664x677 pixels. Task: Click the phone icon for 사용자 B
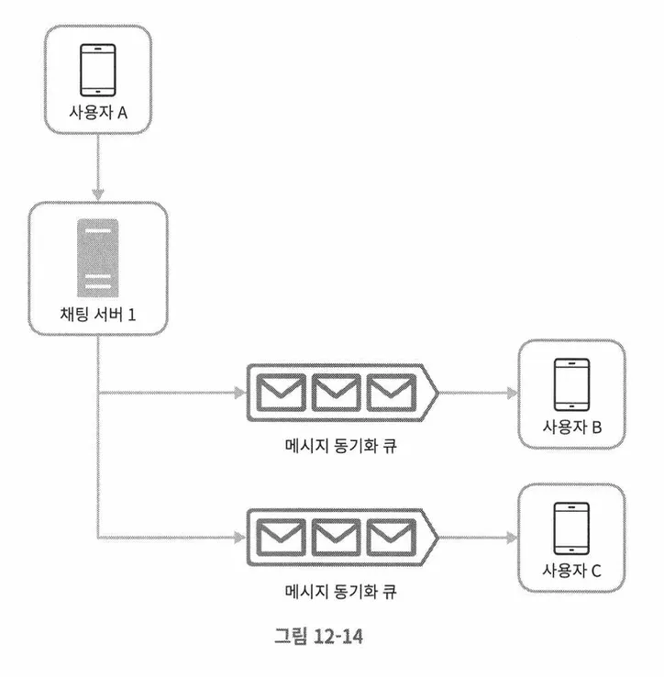coord(571,383)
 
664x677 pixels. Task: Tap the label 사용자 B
coord(571,428)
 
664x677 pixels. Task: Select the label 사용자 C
coord(571,572)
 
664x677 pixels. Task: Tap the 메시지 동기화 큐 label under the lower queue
coord(341,591)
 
